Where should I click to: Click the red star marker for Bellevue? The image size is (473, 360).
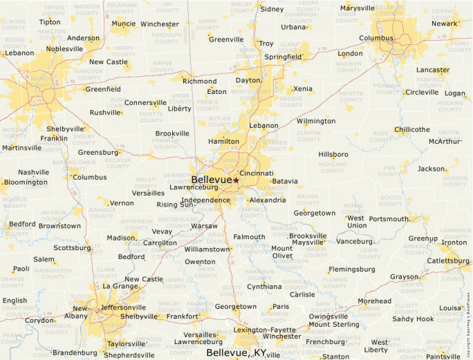[236, 180]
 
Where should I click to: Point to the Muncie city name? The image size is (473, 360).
[123, 23]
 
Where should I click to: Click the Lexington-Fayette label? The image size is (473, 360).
[264, 330]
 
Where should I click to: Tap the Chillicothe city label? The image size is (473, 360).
[411, 129]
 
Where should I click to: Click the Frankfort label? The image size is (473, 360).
[183, 316]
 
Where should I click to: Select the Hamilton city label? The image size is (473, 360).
[223, 141]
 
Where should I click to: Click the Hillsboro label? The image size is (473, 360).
[333, 154]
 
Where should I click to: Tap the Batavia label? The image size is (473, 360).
[285, 182]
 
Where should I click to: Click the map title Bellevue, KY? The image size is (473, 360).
[236, 352]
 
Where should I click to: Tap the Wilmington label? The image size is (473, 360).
[315, 121]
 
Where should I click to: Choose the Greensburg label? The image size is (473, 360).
[98, 152]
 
